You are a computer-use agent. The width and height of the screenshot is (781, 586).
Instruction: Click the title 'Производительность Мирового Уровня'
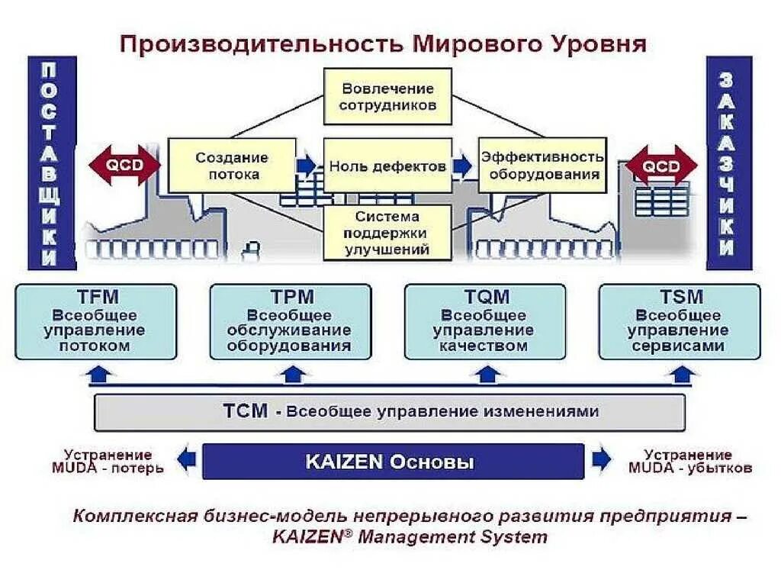(x=383, y=43)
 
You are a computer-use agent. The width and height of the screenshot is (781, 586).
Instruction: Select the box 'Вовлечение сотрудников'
(x=388, y=97)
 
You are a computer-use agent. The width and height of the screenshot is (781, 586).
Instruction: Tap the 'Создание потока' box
(x=232, y=166)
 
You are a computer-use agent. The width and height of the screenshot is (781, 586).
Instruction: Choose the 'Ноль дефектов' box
(x=387, y=166)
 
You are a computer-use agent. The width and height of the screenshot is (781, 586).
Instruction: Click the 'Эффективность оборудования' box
(x=542, y=166)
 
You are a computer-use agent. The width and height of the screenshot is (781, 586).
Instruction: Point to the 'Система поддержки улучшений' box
(x=387, y=233)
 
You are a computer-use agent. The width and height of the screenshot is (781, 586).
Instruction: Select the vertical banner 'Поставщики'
(x=50, y=163)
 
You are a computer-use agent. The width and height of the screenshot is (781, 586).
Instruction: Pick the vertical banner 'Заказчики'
(x=728, y=163)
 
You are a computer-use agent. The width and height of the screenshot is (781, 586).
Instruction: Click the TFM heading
(x=97, y=297)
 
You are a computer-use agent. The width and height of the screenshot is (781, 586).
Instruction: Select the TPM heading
(x=291, y=297)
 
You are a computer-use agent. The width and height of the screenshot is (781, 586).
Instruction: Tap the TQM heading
(x=486, y=297)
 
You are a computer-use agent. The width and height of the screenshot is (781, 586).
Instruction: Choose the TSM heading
(x=680, y=297)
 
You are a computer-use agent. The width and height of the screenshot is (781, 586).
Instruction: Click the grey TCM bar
(x=389, y=412)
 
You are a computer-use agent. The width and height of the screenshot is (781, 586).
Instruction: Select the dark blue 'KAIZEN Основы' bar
(x=393, y=462)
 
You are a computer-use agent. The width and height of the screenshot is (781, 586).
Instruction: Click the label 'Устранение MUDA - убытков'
(x=689, y=462)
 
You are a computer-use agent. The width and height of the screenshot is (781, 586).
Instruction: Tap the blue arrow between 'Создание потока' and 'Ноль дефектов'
(x=307, y=166)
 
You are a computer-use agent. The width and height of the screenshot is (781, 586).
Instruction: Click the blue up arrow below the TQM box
(x=486, y=374)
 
